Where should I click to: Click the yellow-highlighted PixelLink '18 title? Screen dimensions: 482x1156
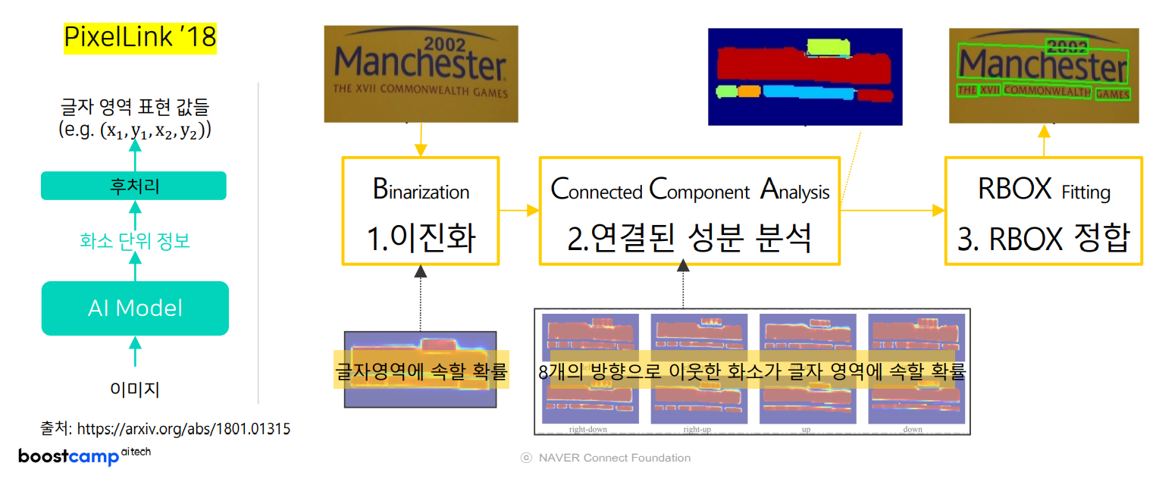(139, 37)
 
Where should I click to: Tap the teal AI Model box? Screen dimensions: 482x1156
(135, 308)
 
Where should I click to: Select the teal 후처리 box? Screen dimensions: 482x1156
(133, 186)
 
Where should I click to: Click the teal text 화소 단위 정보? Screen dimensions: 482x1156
(135, 241)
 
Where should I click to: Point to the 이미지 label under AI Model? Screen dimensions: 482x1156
(135, 390)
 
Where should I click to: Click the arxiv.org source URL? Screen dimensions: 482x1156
(183, 429)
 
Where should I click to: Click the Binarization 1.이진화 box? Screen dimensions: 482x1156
(421, 211)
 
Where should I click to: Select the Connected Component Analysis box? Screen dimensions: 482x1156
(689, 211)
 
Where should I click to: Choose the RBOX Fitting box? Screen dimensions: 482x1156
(1043, 211)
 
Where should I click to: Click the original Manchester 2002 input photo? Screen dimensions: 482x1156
(421, 74)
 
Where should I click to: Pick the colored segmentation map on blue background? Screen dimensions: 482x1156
(804, 77)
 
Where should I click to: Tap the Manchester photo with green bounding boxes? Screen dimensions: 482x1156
(1043, 74)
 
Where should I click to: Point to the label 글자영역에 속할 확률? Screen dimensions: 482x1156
(421, 371)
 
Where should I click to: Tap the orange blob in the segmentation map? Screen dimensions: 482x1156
(749, 91)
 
